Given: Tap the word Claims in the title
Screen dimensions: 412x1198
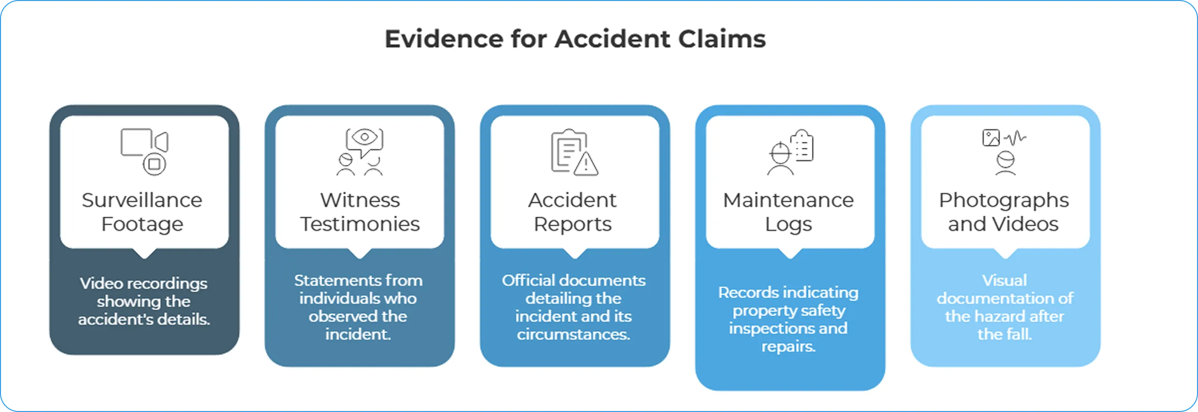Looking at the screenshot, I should pyautogui.click(x=722, y=39).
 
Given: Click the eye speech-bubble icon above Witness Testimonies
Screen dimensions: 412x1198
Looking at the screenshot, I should pyautogui.click(x=364, y=140).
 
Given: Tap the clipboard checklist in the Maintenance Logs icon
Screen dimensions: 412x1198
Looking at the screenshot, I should pyautogui.click(x=802, y=146).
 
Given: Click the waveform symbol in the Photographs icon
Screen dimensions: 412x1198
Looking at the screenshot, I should pyautogui.click(x=1015, y=138).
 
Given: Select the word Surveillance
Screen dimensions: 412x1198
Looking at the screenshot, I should pyautogui.click(x=142, y=200).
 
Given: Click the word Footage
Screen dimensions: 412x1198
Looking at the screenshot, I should pyautogui.click(x=142, y=224).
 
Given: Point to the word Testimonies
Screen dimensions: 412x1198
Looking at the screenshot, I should pyautogui.click(x=360, y=224).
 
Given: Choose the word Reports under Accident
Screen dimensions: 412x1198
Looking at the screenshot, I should pyautogui.click(x=572, y=224).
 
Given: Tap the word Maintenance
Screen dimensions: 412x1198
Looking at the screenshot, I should pyautogui.click(x=788, y=200).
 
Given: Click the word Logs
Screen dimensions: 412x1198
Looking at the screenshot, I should pyautogui.click(x=788, y=225).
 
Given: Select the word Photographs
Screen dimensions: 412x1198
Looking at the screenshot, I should pyautogui.click(x=1004, y=200).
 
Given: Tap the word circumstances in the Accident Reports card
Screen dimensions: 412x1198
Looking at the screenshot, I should pyautogui.click(x=573, y=334).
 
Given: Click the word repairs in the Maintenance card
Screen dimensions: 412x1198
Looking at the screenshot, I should pyautogui.click(x=788, y=346).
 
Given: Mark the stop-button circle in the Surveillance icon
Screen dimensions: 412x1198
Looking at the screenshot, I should pyautogui.click(x=154, y=164).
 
